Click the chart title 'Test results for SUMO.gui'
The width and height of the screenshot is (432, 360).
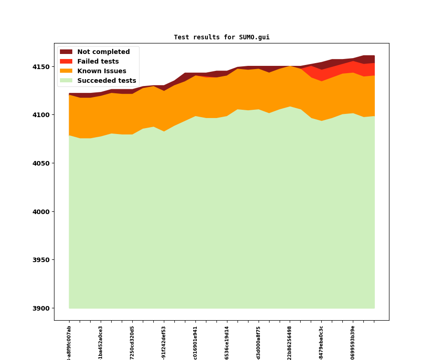coord(221,37)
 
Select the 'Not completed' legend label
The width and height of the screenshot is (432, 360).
coord(103,52)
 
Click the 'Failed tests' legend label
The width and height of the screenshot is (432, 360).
coord(98,61)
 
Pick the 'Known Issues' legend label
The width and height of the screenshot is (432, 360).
coord(102,71)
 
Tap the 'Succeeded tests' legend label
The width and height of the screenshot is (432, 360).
coord(107,81)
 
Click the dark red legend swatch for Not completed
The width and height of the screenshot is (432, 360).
coord(66,52)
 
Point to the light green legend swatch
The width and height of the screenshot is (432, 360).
coord(66,81)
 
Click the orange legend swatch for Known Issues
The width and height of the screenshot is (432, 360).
coord(66,71)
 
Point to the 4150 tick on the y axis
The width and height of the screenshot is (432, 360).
coord(41,67)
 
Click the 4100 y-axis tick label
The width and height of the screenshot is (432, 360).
coord(41,115)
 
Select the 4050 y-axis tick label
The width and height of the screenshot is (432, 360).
coord(41,163)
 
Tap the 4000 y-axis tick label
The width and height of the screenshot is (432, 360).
coord(41,212)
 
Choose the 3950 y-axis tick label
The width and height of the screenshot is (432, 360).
coord(41,260)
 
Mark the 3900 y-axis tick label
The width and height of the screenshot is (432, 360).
coord(41,308)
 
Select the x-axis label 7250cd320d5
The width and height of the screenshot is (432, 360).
coord(132,342)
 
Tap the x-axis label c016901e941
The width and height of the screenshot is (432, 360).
coord(195,342)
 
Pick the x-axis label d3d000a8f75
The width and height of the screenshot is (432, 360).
coord(259,342)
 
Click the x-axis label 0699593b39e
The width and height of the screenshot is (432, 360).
coord(353,342)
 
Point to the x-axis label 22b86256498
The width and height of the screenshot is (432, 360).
coord(290,342)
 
